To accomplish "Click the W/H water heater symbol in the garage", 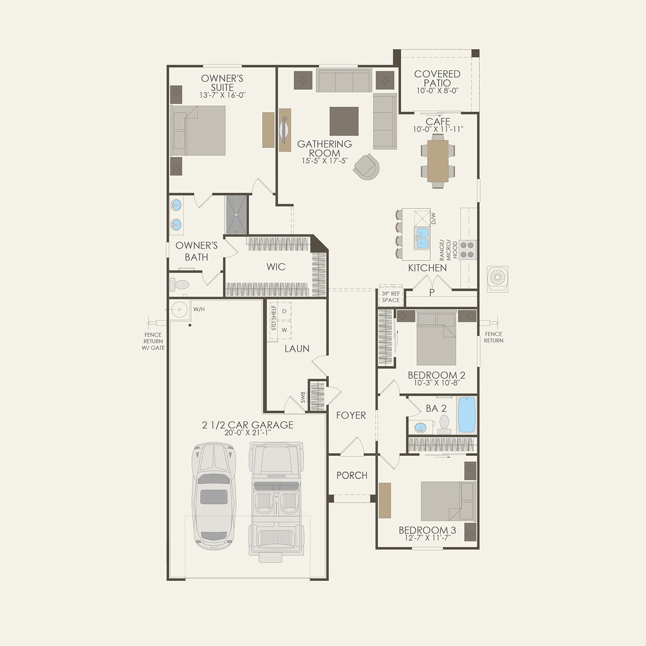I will [179, 309].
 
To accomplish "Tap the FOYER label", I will [351, 415].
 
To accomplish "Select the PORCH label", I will [352, 475].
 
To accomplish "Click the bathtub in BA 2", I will [467, 415].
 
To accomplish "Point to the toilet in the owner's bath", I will [180, 285].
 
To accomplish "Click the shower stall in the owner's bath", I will [237, 214].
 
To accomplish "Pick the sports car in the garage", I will [214, 495].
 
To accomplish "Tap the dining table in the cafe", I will [438, 160].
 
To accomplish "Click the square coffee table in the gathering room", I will [344, 121].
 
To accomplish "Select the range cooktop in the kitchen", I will [467, 250].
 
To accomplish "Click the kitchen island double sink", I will [421, 238].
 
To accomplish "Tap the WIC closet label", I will [276, 267].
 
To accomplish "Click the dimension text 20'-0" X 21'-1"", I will [247, 432].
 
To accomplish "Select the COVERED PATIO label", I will [437, 79].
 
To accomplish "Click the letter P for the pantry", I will [432, 293].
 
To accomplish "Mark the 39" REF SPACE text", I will [391, 297].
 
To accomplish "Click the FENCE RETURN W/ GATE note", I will [153, 341].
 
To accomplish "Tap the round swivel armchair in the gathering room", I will [367, 166].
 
